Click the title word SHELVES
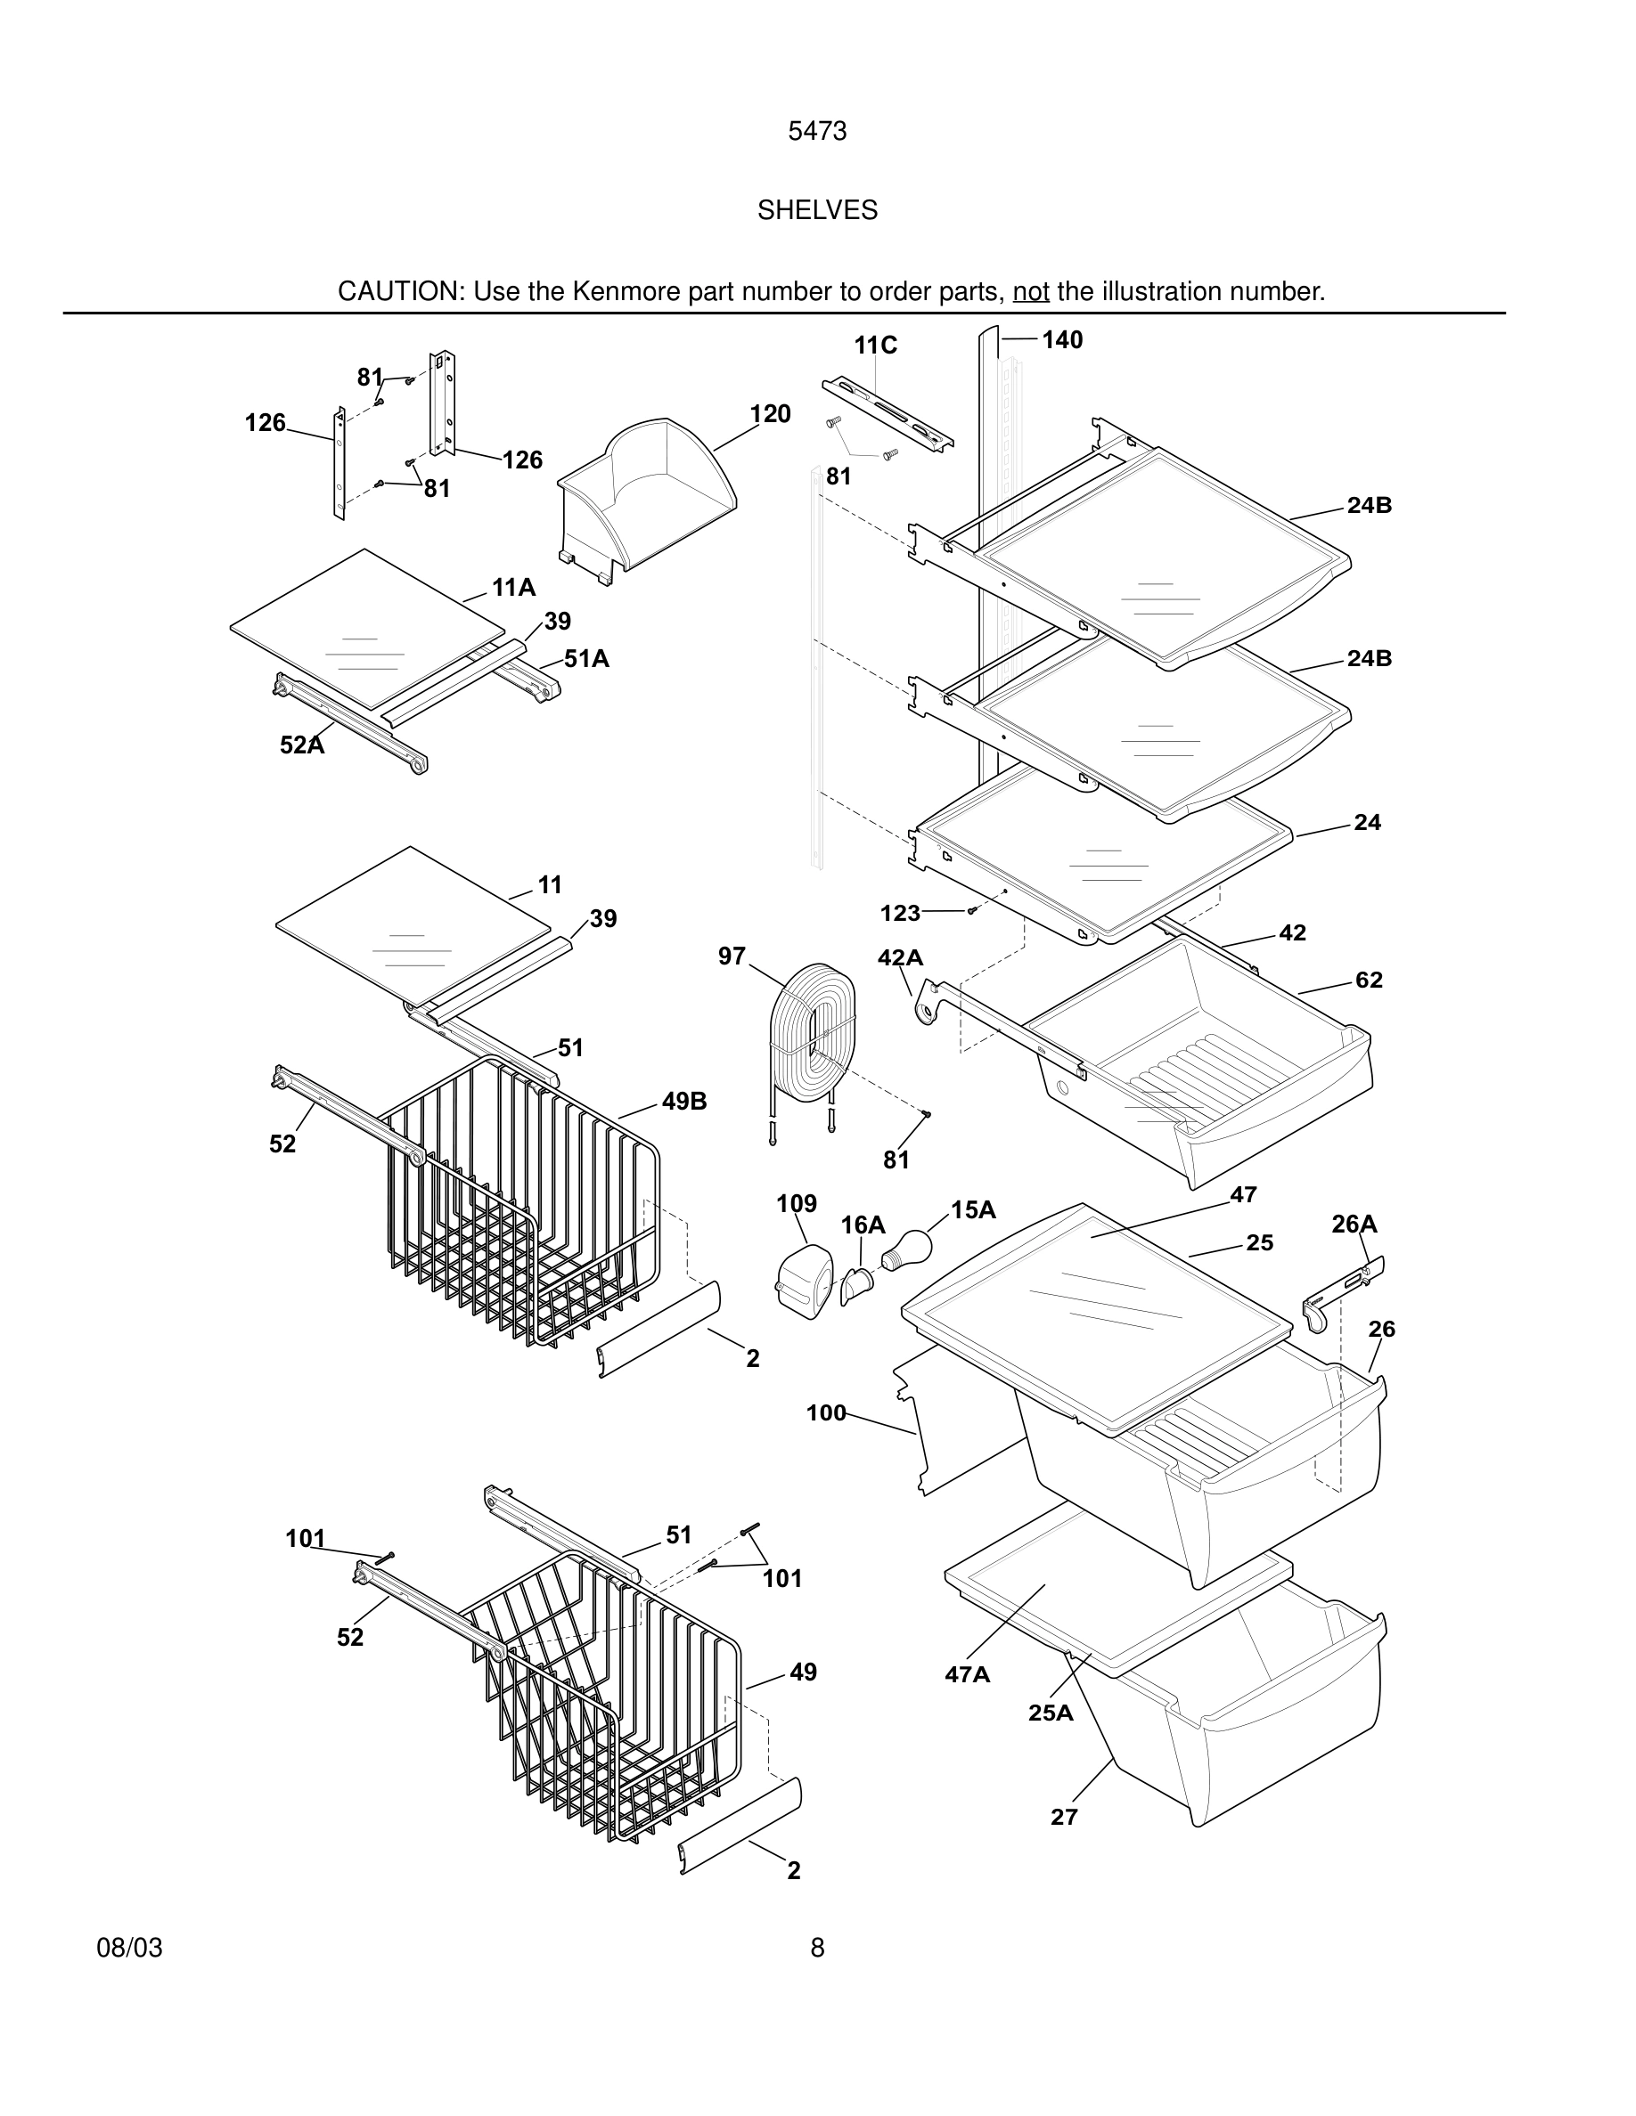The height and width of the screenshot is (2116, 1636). [x=817, y=210]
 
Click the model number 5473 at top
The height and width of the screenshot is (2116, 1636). [x=817, y=131]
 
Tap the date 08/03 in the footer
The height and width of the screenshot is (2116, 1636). [x=129, y=1948]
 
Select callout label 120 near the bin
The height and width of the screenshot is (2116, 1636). [x=770, y=415]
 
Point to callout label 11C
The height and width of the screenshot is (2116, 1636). [x=875, y=346]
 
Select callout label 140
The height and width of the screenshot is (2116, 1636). [x=1062, y=340]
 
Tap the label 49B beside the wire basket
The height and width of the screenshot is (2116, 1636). [x=684, y=1102]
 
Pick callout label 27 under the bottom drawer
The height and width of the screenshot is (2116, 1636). [x=1064, y=1817]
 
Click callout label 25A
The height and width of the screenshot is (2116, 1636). [x=1051, y=1713]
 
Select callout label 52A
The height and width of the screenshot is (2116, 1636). [x=301, y=745]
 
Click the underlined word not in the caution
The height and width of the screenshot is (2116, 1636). [x=1030, y=291]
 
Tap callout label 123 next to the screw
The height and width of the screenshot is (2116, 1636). [x=899, y=913]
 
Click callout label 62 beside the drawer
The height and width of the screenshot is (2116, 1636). [x=1369, y=981]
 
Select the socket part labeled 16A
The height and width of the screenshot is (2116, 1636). [x=857, y=1286]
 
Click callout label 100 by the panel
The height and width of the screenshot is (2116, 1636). [x=826, y=1413]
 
